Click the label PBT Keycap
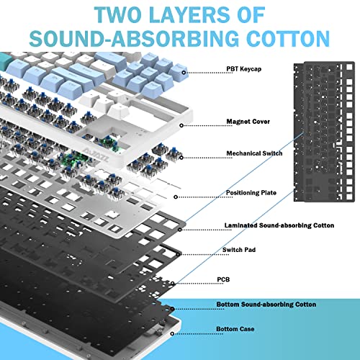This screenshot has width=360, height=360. click(x=244, y=69)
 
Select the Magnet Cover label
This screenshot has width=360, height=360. click(x=248, y=122)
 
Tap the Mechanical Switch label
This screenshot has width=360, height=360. click(x=254, y=153)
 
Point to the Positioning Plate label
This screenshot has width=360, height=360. click(x=251, y=193)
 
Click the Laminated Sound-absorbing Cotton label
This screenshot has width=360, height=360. click(x=279, y=225)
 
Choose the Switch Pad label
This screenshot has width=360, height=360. click(x=239, y=250)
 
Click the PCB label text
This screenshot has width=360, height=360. click(x=223, y=279)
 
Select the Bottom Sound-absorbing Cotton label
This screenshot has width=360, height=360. click(x=266, y=305)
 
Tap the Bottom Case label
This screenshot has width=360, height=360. click(x=235, y=329)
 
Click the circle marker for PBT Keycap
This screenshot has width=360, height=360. click(x=184, y=73)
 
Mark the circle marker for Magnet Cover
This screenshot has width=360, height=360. click(x=181, y=125)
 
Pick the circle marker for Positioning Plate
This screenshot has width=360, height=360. click(x=176, y=197)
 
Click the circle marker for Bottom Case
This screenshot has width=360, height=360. click(x=172, y=333)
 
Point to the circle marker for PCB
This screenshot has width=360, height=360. click(x=173, y=284)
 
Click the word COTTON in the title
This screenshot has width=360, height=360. click(x=288, y=39)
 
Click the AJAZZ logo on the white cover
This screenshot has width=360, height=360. click(x=96, y=156)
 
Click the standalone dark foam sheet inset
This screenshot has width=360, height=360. click(x=324, y=132)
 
